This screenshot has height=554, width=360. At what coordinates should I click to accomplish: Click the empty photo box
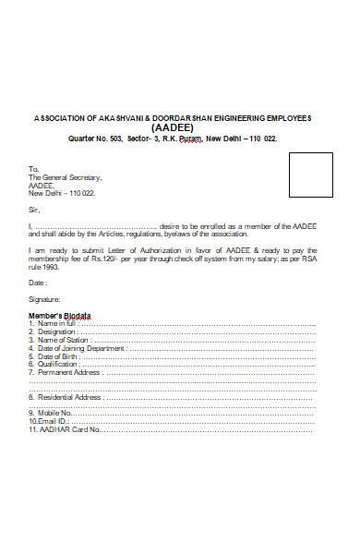click(x=311, y=175)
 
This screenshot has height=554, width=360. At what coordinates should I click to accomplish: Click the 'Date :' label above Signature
click(x=38, y=283)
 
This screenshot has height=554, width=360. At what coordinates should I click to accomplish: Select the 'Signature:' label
click(x=44, y=300)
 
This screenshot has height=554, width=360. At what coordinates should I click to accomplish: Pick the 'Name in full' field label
click(x=56, y=324)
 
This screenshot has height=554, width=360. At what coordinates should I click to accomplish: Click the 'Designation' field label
click(x=58, y=332)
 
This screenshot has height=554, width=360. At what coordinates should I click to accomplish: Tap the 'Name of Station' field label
click(x=63, y=340)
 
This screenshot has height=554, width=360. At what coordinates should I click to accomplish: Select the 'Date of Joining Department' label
click(x=79, y=348)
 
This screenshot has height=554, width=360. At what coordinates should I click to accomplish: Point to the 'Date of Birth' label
click(x=60, y=356)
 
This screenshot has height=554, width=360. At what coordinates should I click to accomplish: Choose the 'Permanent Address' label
click(x=68, y=372)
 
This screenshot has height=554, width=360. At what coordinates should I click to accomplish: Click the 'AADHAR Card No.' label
click(x=67, y=429)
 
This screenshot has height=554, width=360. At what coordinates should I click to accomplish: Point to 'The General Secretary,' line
click(x=65, y=177)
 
